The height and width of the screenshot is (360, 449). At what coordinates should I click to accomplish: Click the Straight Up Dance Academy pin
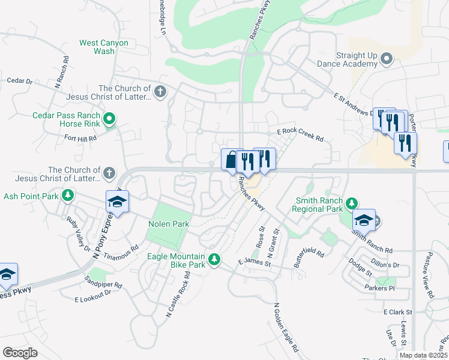coord(387,59)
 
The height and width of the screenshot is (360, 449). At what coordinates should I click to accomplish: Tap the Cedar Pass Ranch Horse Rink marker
coord(109,119)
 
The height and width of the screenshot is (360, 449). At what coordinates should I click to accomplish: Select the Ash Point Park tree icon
coord(68,196)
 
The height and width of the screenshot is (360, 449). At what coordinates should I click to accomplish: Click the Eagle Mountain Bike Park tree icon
coord(214,260)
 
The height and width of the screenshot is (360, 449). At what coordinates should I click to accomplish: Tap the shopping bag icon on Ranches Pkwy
coord(232,160)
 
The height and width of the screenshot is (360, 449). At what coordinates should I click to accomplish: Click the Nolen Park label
coord(169,224)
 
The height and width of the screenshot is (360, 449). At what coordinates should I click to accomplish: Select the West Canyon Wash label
coord(96,47)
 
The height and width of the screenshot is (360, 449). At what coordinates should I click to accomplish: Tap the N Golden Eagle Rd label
coord(286,328)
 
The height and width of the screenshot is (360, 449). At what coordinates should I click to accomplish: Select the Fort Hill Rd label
coord(81,139)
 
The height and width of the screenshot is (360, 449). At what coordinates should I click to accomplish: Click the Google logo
coord(20,353)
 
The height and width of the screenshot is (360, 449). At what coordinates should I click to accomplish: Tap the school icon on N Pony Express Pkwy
coord(118,202)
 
